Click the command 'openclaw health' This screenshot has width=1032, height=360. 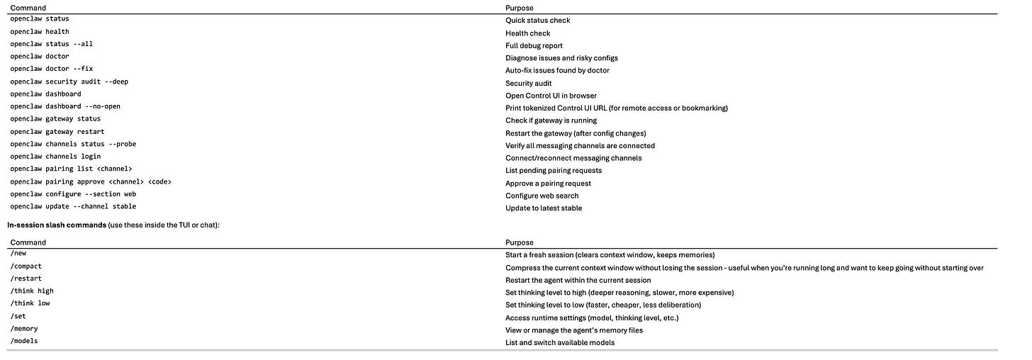click(40, 31)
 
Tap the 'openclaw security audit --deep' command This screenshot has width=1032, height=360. click(69, 81)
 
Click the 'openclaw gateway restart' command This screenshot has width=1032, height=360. click(57, 132)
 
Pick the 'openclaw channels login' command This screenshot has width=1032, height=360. click(55, 157)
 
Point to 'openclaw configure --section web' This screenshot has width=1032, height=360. click(73, 194)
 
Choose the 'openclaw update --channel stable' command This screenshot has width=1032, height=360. click(73, 207)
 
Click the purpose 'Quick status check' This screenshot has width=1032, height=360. click(537, 21)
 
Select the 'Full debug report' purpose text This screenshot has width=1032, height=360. click(534, 45)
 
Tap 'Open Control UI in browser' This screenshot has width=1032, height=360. click(551, 96)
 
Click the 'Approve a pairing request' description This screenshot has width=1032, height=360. click(548, 183)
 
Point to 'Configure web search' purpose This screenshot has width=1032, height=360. click(542, 196)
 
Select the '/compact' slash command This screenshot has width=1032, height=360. click(26, 266)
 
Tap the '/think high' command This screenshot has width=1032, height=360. click(32, 291)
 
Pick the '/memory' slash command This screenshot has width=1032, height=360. click(24, 329)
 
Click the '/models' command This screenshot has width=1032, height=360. click(24, 342)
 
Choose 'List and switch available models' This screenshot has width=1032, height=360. click(559, 342)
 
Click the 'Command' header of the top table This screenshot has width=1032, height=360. click(28, 8)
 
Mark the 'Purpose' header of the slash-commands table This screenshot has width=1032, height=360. click(519, 242)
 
